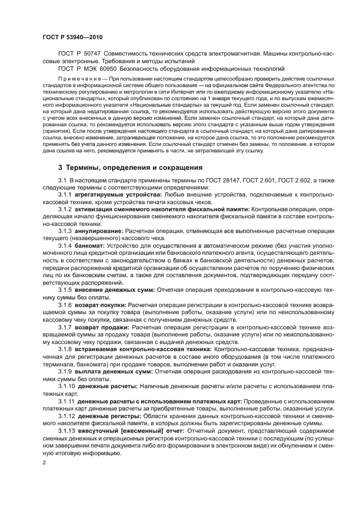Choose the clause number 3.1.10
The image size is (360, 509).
(x=66, y=386)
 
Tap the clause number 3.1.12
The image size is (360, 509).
(x=66, y=415)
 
